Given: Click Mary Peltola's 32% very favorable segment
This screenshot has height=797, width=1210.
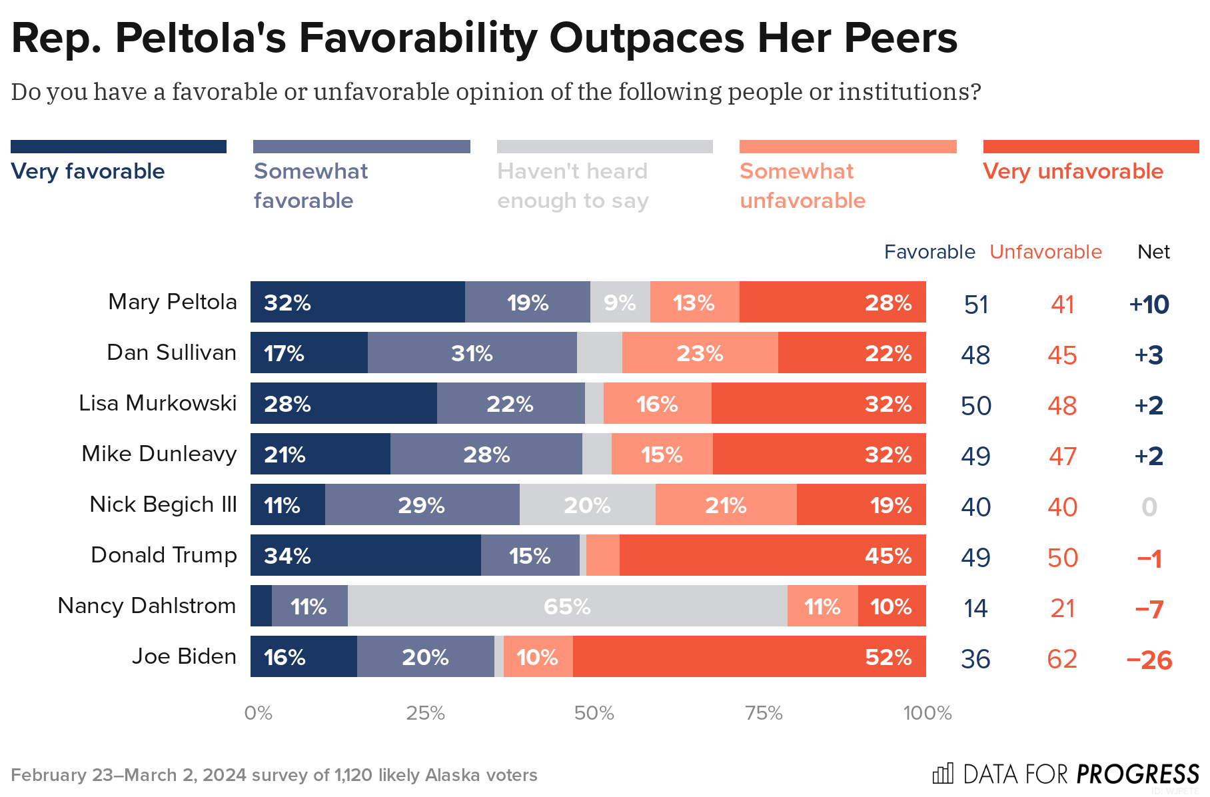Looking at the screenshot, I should point(357,302).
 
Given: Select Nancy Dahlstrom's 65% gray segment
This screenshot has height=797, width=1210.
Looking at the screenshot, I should point(567,606).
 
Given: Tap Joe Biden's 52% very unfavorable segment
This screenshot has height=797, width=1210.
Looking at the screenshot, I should point(749,656).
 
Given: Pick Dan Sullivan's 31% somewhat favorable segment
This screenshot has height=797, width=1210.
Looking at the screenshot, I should point(472,353).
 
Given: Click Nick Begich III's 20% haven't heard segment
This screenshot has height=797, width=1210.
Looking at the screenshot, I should point(587,504).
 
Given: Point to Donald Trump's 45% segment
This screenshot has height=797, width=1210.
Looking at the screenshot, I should point(772,555).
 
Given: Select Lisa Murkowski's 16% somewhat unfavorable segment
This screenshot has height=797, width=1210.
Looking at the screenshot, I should point(657,403).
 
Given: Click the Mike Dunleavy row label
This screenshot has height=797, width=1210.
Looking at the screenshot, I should point(159,454).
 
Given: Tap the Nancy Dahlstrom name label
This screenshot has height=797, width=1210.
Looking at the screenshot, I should point(147,606).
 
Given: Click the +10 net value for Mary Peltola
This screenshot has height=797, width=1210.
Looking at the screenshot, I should point(1149,305).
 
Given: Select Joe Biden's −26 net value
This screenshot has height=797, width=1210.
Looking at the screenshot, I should point(1149,660).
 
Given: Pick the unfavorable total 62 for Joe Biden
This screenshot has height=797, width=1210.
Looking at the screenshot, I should point(1062,659).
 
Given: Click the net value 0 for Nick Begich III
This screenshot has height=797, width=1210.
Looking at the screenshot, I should point(1149,507).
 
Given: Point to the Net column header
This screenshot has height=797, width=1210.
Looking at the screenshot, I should point(1153,252).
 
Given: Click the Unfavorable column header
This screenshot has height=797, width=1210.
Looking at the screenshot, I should point(1045,252).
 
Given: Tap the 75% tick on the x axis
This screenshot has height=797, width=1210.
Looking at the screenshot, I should point(764,713).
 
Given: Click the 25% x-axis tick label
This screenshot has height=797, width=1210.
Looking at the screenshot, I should point(426,713).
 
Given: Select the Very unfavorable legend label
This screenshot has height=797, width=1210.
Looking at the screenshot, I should point(1073,171).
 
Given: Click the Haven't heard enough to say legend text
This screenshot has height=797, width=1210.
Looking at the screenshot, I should point(573,186).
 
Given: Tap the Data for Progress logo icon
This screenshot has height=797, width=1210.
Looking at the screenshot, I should point(943,774).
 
